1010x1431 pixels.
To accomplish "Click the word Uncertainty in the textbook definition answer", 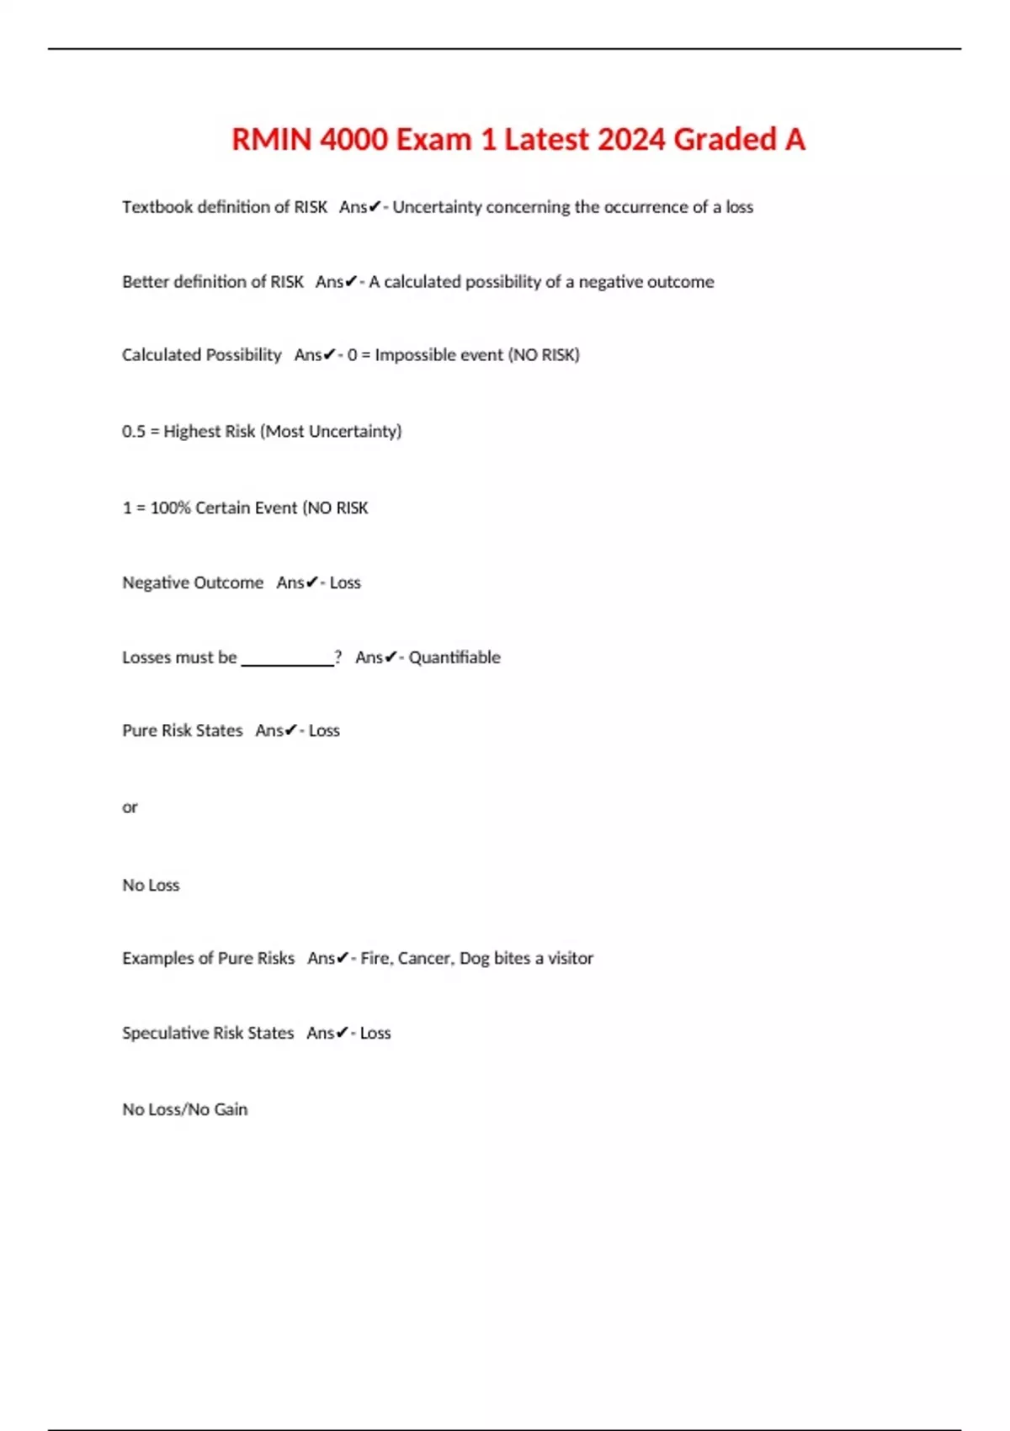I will pyautogui.click(x=437, y=207).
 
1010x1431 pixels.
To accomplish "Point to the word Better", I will pyautogui.click(x=145, y=282).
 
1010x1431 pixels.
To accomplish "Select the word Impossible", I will pyautogui.click(x=408, y=355).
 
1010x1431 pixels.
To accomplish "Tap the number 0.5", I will pyautogui.click(x=133, y=432).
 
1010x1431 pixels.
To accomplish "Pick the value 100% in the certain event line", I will pyautogui.click(x=170, y=508).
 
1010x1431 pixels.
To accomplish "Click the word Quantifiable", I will pyautogui.click(x=454, y=657).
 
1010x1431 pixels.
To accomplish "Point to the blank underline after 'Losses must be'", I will pyautogui.click(x=287, y=662).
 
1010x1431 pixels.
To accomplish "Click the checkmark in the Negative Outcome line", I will pyautogui.click(x=312, y=583).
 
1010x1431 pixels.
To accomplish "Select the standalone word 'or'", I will pyautogui.click(x=130, y=807).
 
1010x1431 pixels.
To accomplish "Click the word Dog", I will pyautogui.click(x=474, y=959).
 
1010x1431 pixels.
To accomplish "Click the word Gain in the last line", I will pyautogui.click(x=231, y=1109).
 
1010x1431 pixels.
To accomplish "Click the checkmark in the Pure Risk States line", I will pyautogui.click(x=291, y=731).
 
